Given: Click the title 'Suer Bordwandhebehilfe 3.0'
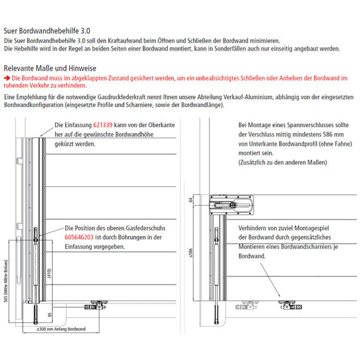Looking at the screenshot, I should tap(47, 31).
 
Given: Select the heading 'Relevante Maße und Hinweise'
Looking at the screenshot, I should tap(50, 69).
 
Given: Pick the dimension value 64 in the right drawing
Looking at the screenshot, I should tap(190, 200).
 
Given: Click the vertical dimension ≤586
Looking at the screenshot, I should tap(190, 253).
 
